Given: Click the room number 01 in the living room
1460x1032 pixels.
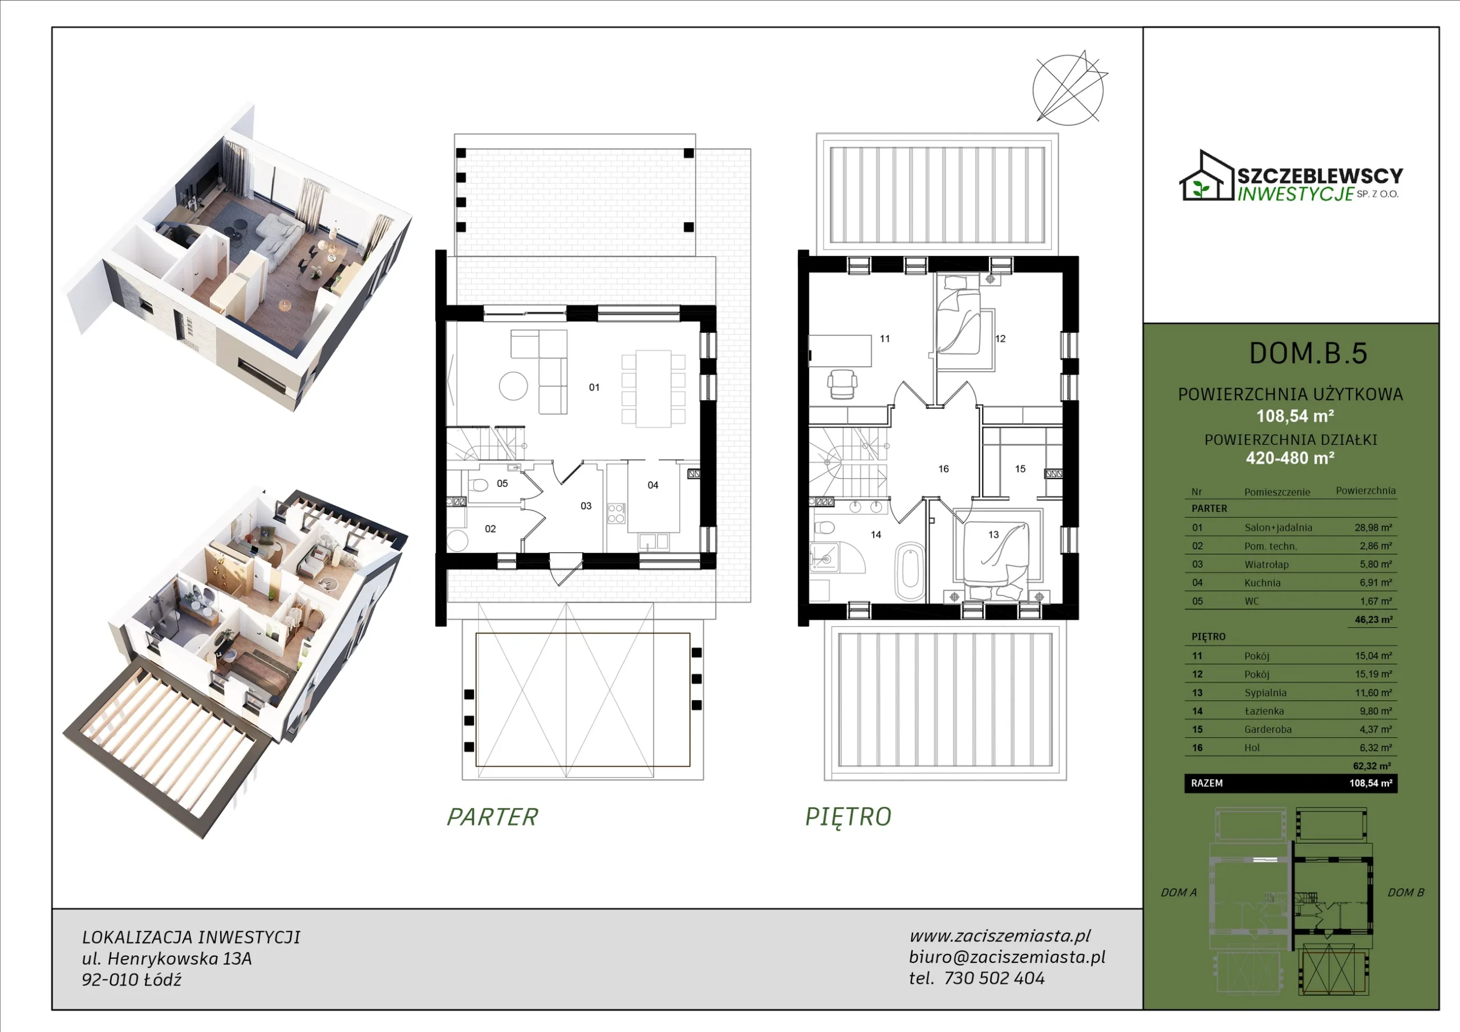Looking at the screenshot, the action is [x=594, y=387].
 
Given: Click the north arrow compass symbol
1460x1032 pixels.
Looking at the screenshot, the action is [x=1068, y=88].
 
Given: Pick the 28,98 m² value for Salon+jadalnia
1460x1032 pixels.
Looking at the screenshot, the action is [x=1373, y=527].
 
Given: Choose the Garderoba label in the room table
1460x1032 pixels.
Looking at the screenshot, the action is [x=1268, y=729].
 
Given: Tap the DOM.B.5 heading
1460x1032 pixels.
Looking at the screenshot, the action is [x=1308, y=354].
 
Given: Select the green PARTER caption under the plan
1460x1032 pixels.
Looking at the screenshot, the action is [x=492, y=817].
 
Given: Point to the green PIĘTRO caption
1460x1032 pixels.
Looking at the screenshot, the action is [x=848, y=816].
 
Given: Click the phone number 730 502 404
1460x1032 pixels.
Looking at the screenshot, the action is [x=995, y=978].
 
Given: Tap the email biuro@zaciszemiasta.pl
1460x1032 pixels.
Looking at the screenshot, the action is [x=1007, y=957].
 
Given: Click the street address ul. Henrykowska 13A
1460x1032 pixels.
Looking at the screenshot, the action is [x=167, y=958].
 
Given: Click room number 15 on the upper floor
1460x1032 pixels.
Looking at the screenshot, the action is [x=1020, y=469].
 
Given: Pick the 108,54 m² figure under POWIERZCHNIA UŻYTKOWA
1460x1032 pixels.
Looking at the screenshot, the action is [x=1295, y=416].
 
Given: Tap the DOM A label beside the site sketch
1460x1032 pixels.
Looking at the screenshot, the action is [x=1178, y=893].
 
